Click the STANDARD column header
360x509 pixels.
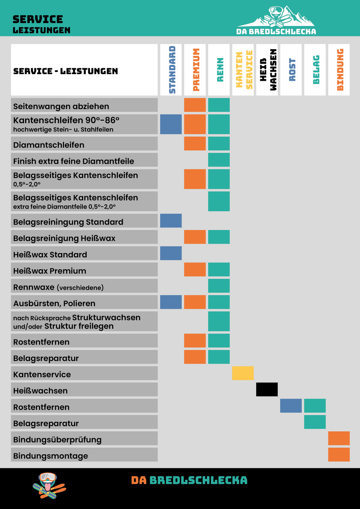click(171, 70)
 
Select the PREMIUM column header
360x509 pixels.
click(195, 70)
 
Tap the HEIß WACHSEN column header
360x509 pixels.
click(267, 70)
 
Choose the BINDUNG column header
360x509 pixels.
click(339, 70)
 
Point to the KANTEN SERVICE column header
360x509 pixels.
click(243, 70)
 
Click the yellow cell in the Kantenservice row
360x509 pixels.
click(243, 373)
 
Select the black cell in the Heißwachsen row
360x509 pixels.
click(267, 389)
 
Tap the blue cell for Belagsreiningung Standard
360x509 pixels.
click(171, 221)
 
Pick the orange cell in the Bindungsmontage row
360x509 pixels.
click(339, 455)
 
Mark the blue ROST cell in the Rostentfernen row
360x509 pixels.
click(291, 406)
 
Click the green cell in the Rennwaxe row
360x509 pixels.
click(219, 286)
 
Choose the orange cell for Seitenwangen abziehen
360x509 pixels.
click(195, 105)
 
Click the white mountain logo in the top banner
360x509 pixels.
click(276, 20)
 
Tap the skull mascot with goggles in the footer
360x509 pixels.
click(48, 485)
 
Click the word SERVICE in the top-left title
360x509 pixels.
click(38, 19)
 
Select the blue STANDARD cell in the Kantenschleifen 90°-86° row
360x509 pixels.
click(171, 124)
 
